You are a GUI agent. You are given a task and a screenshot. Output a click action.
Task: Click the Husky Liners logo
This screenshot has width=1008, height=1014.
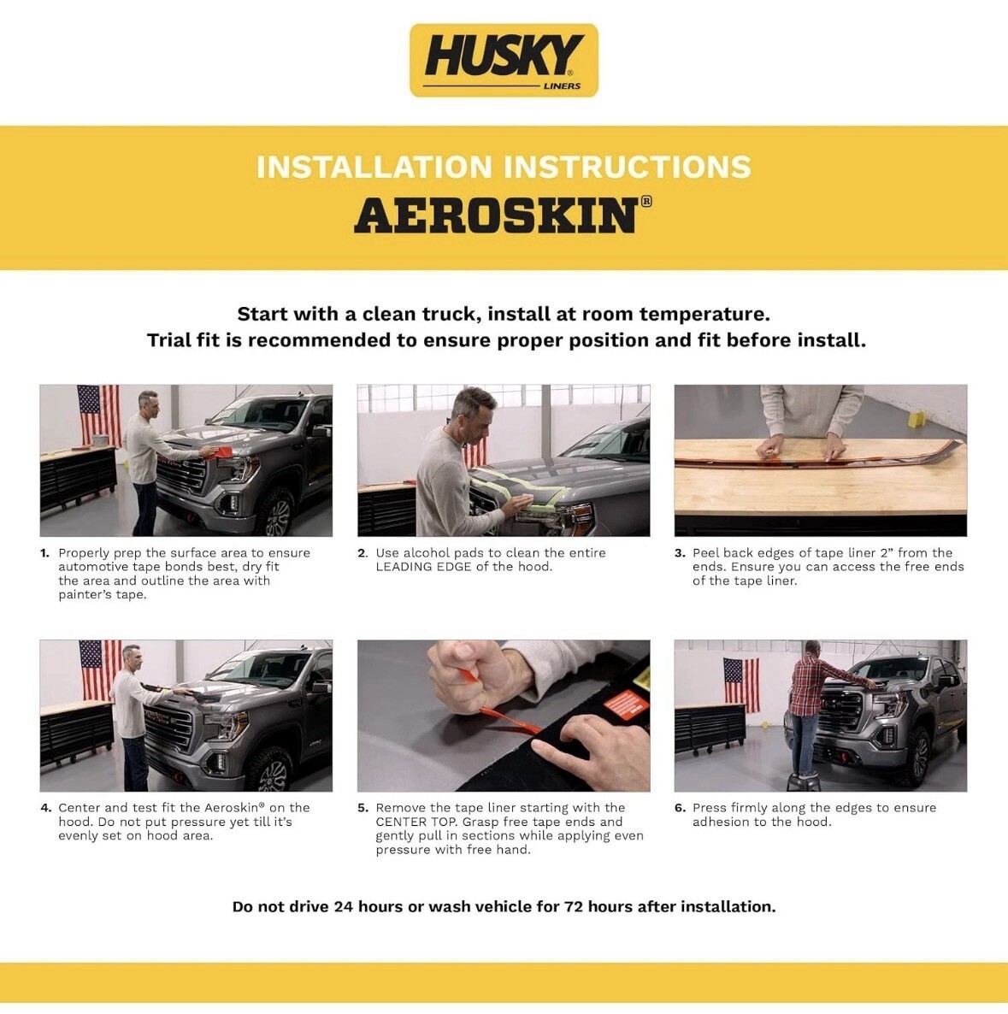tap(504, 60)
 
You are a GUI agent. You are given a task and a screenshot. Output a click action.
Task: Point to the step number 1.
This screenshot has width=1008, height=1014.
tap(44, 553)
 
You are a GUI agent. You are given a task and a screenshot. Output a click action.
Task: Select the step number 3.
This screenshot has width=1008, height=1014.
tap(680, 553)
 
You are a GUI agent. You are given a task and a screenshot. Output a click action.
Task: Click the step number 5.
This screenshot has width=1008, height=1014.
tap(363, 808)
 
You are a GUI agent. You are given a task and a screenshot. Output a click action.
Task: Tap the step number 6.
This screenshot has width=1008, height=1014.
tap(680, 808)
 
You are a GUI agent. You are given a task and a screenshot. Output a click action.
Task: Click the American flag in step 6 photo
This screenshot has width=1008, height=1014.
tap(741, 684)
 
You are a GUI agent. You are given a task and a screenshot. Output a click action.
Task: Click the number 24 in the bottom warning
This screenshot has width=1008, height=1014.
tap(344, 906)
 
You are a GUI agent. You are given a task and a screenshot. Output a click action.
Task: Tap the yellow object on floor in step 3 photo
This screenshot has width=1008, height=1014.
tap(917, 420)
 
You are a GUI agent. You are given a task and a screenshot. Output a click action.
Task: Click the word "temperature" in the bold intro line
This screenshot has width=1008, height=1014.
tap(704, 315)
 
